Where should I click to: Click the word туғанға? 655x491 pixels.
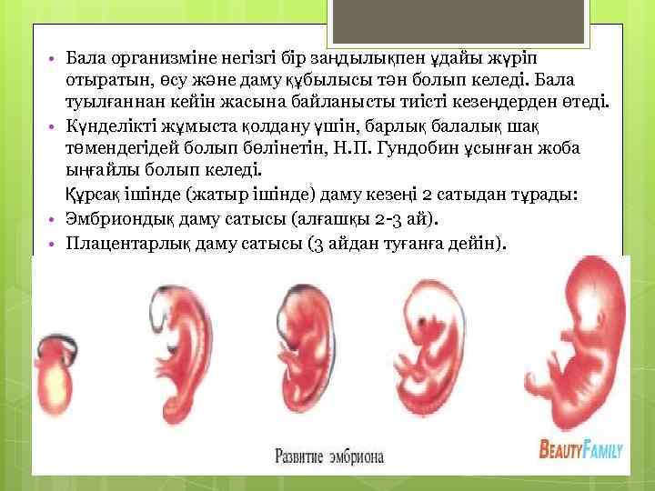coord(420,244)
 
